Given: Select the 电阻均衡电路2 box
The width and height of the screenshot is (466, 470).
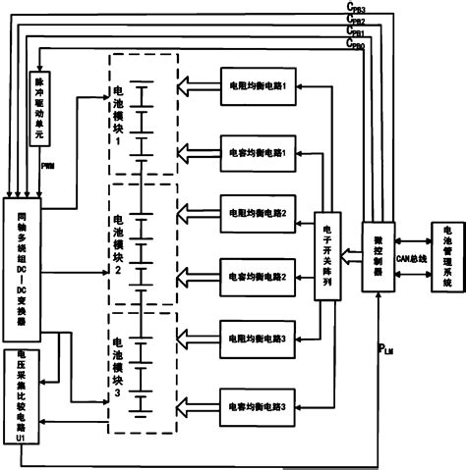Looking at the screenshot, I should click(257, 212).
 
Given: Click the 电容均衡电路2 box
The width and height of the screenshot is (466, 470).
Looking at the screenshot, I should click(257, 277).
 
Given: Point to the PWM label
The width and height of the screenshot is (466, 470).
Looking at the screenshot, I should click(47, 166).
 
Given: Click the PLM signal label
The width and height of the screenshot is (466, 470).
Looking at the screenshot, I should click(387, 347).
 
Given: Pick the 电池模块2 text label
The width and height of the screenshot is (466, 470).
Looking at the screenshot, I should click(119, 243).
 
